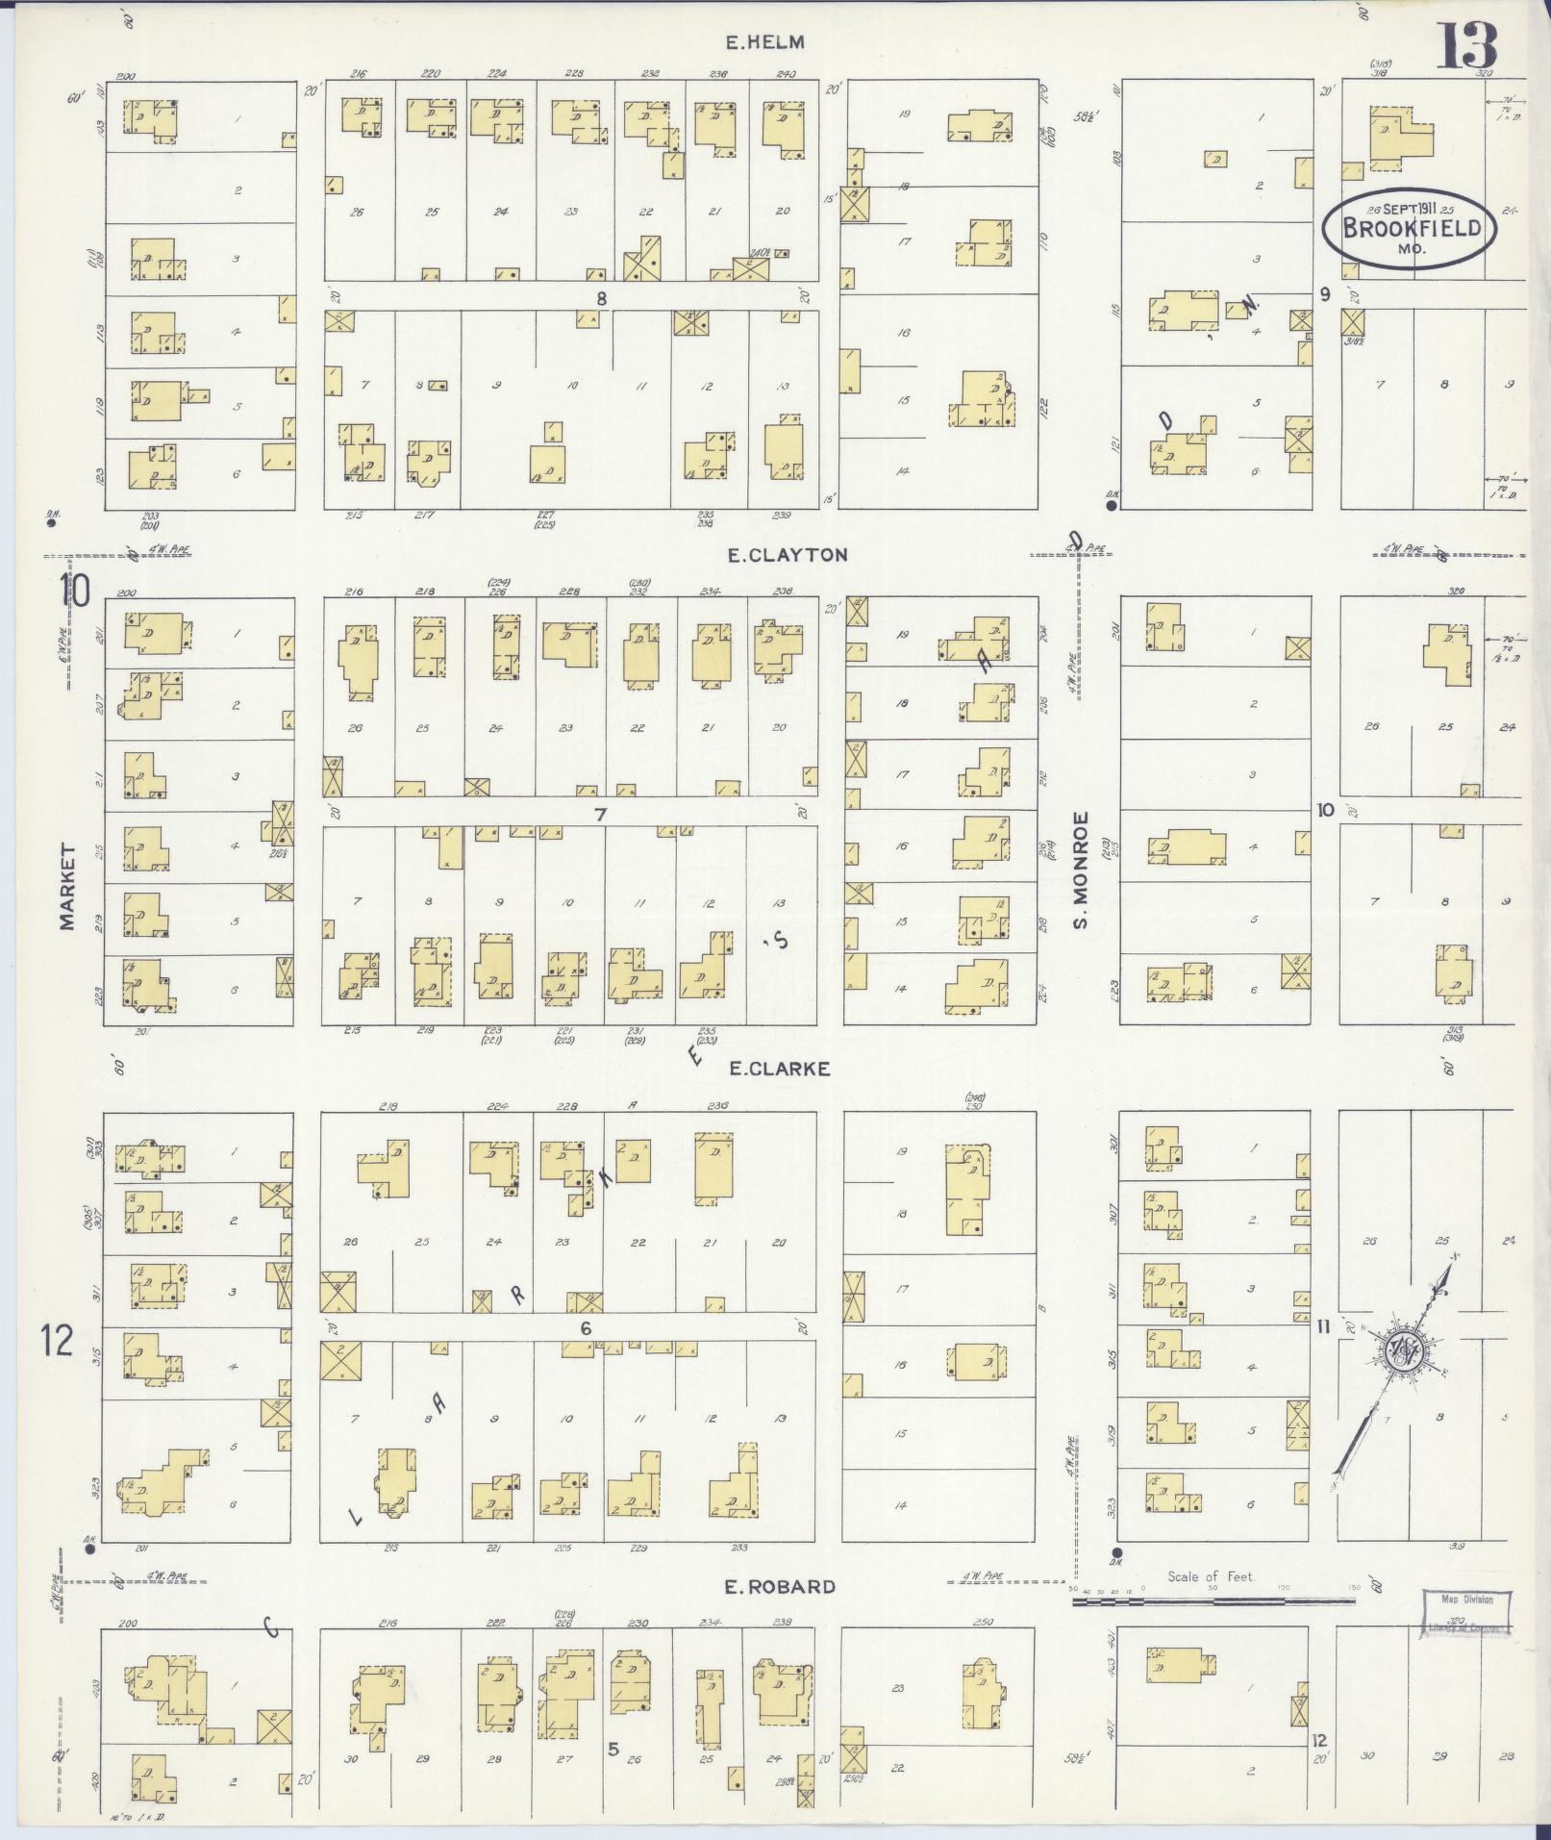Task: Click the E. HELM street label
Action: coord(764,42)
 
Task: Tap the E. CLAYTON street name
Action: coord(788,555)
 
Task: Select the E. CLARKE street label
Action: coord(779,1068)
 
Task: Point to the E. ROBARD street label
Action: coord(780,1586)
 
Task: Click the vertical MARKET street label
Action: coord(67,886)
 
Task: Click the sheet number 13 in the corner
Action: coord(1467,45)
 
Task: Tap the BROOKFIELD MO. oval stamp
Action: coord(1409,229)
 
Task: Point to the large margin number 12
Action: coord(57,1339)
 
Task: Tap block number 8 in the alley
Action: coord(601,298)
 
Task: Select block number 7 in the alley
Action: coord(601,815)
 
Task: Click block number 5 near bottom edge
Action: coord(613,1748)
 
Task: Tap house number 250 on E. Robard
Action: coord(982,1623)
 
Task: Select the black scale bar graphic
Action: coord(1213,1601)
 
